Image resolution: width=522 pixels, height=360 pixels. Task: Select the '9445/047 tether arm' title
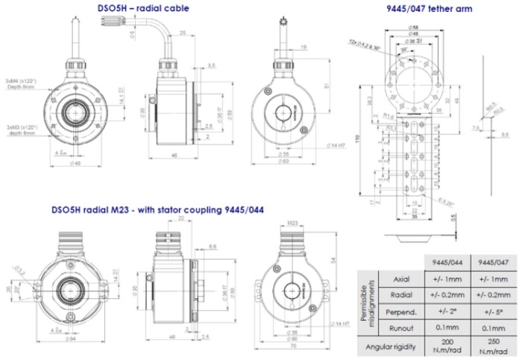[x=429, y=9]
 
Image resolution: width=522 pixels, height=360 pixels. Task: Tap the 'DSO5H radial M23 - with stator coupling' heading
[x=157, y=209]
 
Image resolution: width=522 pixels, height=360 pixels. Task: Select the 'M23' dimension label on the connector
[x=292, y=222]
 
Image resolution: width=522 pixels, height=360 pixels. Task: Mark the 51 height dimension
[x=327, y=86]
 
